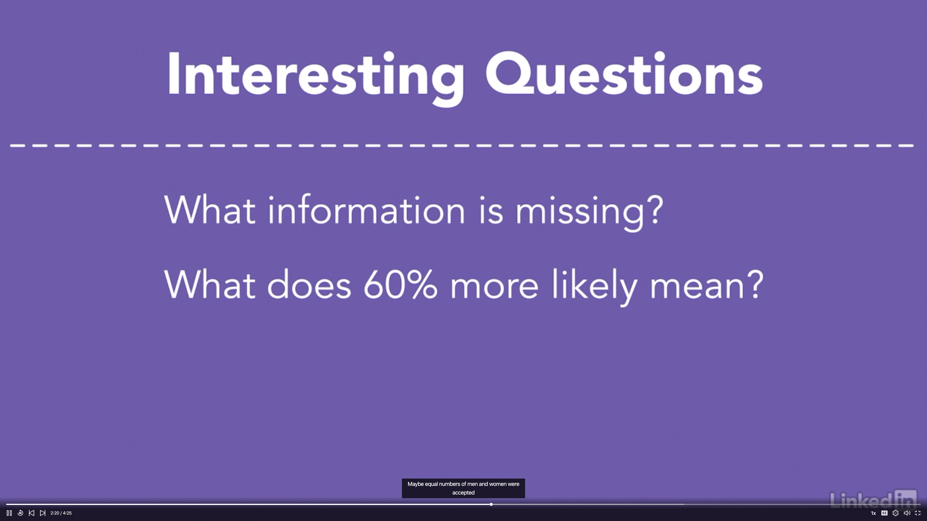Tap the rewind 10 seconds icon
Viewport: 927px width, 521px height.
pos(20,513)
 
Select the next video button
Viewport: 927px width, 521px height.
pos(43,513)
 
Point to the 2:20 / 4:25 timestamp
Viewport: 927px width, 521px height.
pos(61,513)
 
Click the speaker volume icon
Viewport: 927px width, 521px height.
pos(907,513)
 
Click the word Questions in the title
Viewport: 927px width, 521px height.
pos(624,74)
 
